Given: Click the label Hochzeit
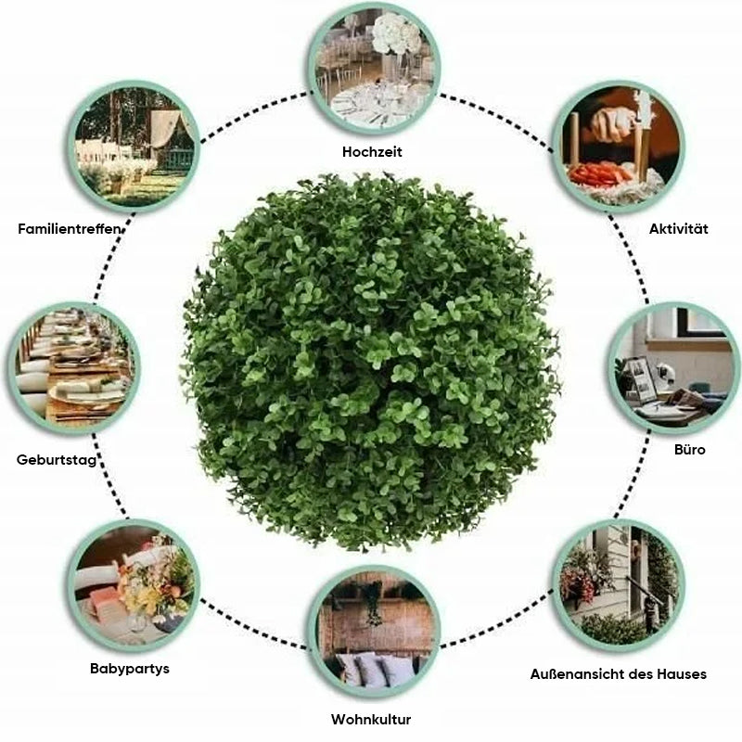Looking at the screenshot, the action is [372, 152].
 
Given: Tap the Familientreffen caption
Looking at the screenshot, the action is [69, 229].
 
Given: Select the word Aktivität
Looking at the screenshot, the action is [678, 229].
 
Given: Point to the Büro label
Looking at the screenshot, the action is [689, 450].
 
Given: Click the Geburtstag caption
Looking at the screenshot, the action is [57, 459].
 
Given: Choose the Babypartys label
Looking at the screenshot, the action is [130, 669].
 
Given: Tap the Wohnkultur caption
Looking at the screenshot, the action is [371, 720].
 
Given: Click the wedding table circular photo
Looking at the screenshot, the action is [374, 69].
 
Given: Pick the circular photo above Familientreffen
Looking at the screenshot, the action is [134, 147].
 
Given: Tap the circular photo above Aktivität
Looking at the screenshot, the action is [618, 147].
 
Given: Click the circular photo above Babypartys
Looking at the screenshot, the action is [134, 586].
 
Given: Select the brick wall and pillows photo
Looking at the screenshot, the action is [374, 631].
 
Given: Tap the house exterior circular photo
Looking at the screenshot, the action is [618, 586].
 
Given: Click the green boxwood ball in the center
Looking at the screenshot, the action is [370, 362].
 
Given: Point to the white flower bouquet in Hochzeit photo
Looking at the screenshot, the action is [396, 33].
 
